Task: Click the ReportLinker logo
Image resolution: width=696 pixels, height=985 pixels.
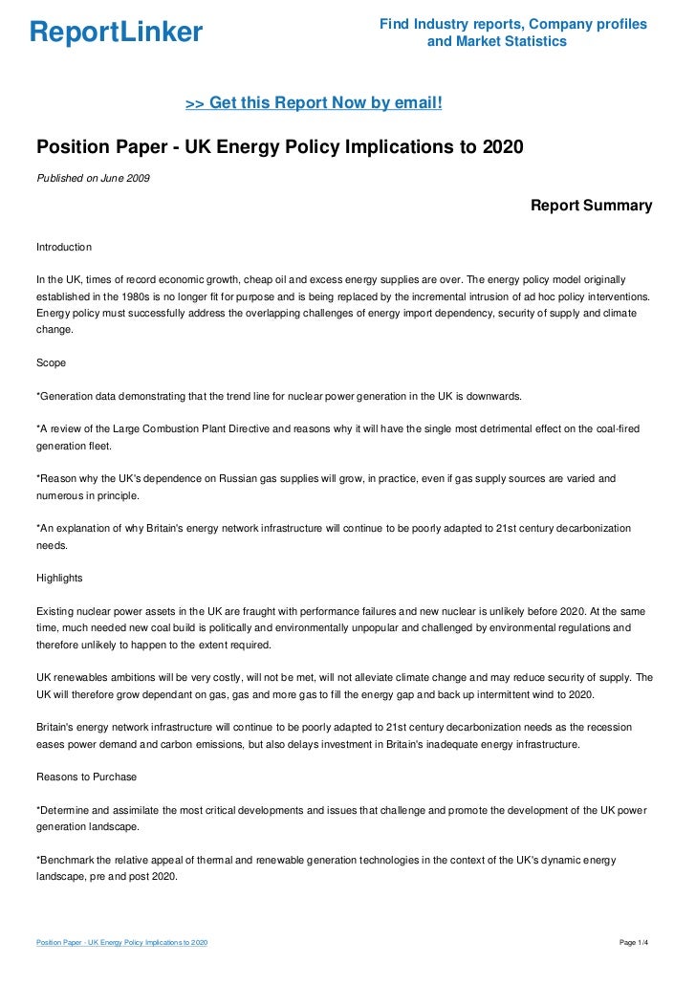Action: (x=116, y=33)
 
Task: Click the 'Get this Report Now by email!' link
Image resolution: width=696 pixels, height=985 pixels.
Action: (x=314, y=102)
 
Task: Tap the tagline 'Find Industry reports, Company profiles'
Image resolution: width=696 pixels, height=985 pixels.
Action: (x=512, y=24)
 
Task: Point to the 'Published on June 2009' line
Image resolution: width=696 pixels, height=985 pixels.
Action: (x=93, y=178)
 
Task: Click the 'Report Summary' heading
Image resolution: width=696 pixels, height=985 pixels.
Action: (x=591, y=206)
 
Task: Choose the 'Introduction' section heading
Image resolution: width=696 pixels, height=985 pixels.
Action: (x=63, y=247)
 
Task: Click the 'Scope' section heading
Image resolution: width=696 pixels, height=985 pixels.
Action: (x=51, y=363)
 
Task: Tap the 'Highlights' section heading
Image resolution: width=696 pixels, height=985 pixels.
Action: (x=59, y=578)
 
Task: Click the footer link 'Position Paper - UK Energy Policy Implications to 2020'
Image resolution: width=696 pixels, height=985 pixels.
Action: (x=121, y=943)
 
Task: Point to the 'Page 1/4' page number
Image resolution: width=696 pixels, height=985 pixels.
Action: (x=635, y=943)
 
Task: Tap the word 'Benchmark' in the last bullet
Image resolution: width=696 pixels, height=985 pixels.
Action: (x=68, y=860)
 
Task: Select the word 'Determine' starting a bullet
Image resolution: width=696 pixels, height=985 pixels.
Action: (x=66, y=810)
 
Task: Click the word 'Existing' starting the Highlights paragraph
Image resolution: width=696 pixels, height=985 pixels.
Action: (x=55, y=610)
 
